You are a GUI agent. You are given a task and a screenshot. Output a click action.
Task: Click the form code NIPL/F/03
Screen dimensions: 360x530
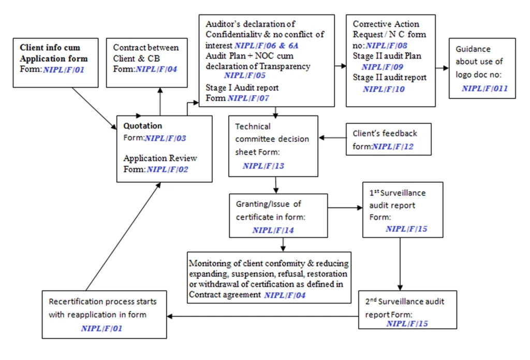[165, 138]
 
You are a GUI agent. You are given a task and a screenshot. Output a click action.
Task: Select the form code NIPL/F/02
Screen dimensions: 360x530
[167, 169]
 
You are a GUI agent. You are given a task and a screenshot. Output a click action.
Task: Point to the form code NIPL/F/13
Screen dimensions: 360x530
[263, 167]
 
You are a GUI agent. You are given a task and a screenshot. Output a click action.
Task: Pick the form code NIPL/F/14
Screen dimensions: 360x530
[273, 230]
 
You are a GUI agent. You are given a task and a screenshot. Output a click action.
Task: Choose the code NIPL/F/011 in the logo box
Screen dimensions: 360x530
[484, 89]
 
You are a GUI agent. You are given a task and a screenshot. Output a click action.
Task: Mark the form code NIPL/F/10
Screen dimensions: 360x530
[384, 89]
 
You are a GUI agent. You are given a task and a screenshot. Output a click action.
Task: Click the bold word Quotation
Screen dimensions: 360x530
[142, 126]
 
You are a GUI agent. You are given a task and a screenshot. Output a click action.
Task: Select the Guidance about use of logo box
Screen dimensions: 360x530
[482, 68]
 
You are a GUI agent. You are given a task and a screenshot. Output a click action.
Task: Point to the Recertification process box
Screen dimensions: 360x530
[104, 314]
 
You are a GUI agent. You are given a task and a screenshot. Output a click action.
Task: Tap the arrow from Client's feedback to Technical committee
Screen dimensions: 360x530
[332, 138]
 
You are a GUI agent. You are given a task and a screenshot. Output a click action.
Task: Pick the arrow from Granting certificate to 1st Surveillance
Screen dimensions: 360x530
[345, 208]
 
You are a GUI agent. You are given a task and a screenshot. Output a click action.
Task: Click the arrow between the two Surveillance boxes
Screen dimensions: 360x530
[400, 264]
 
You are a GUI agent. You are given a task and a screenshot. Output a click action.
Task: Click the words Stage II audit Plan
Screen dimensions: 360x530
[387, 56]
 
